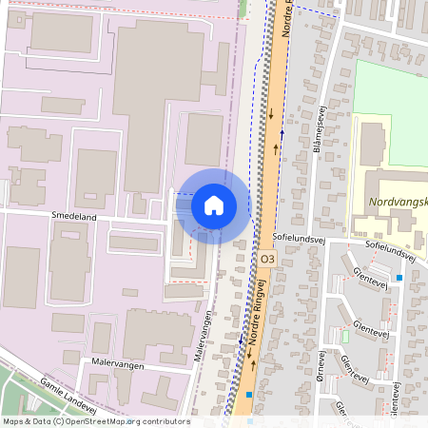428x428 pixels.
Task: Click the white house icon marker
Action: click(214, 205)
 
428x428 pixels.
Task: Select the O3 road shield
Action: click(266, 258)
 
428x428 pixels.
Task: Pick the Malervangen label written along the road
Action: click(204, 337)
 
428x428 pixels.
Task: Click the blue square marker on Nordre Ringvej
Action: click(249, 394)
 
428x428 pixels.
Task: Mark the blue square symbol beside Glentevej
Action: click(399, 278)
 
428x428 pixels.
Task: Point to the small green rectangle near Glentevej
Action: click(344, 336)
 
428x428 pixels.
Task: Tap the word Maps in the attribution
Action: click(14, 421)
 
